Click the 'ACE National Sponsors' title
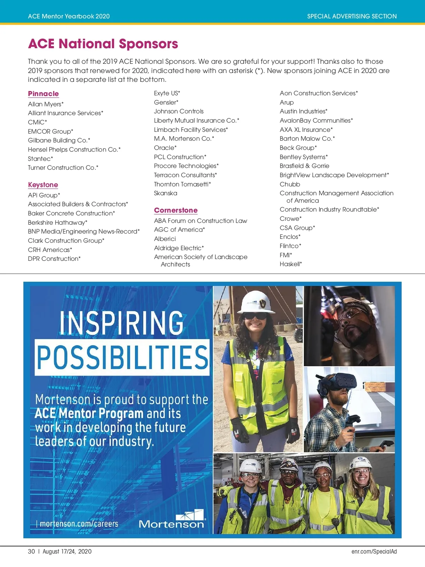(x=103, y=44)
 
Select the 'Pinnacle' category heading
(x=43, y=94)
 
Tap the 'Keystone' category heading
(x=43, y=185)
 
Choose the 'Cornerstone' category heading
(x=176, y=210)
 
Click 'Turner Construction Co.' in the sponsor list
(x=63, y=168)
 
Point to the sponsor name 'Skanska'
(x=165, y=193)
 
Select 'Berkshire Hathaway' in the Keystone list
(x=57, y=223)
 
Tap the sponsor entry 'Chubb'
(x=290, y=184)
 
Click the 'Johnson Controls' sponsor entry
(x=178, y=111)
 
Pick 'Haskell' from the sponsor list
(x=290, y=264)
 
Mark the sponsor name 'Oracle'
(x=165, y=148)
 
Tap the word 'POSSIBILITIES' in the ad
(x=123, y=357)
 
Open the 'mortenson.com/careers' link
(x=79, y=524)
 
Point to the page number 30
(x=32, y=551)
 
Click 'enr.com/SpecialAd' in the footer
(x=374, y=551)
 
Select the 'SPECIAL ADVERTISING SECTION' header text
(x=352, y=16)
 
